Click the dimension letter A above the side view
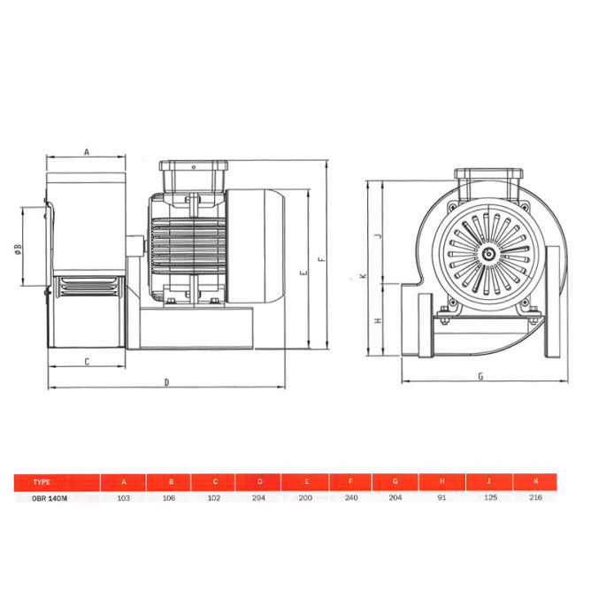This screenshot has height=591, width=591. click(87, 151)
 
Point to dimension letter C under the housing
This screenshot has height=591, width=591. click(87, 361)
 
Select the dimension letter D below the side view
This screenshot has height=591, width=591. click(167, 382)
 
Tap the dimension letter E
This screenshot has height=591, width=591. click(303, 273)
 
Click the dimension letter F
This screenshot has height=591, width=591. click(322, 258)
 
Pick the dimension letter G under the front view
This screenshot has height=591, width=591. click(480, 376)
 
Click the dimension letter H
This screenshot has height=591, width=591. click(377, 319)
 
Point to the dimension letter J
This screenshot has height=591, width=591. click(377, 236)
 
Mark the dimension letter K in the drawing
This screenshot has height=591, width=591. click(363, 276)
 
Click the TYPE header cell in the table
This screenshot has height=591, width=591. click(41, 482)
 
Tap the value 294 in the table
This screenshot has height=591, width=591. click(260, 497)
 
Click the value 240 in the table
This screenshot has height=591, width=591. click(351, 497)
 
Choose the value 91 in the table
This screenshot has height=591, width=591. click(442, 497)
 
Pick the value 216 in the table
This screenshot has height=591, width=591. click(535, 497)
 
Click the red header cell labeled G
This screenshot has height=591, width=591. click(396, 482)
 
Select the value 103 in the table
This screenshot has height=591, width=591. click(124, 497)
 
